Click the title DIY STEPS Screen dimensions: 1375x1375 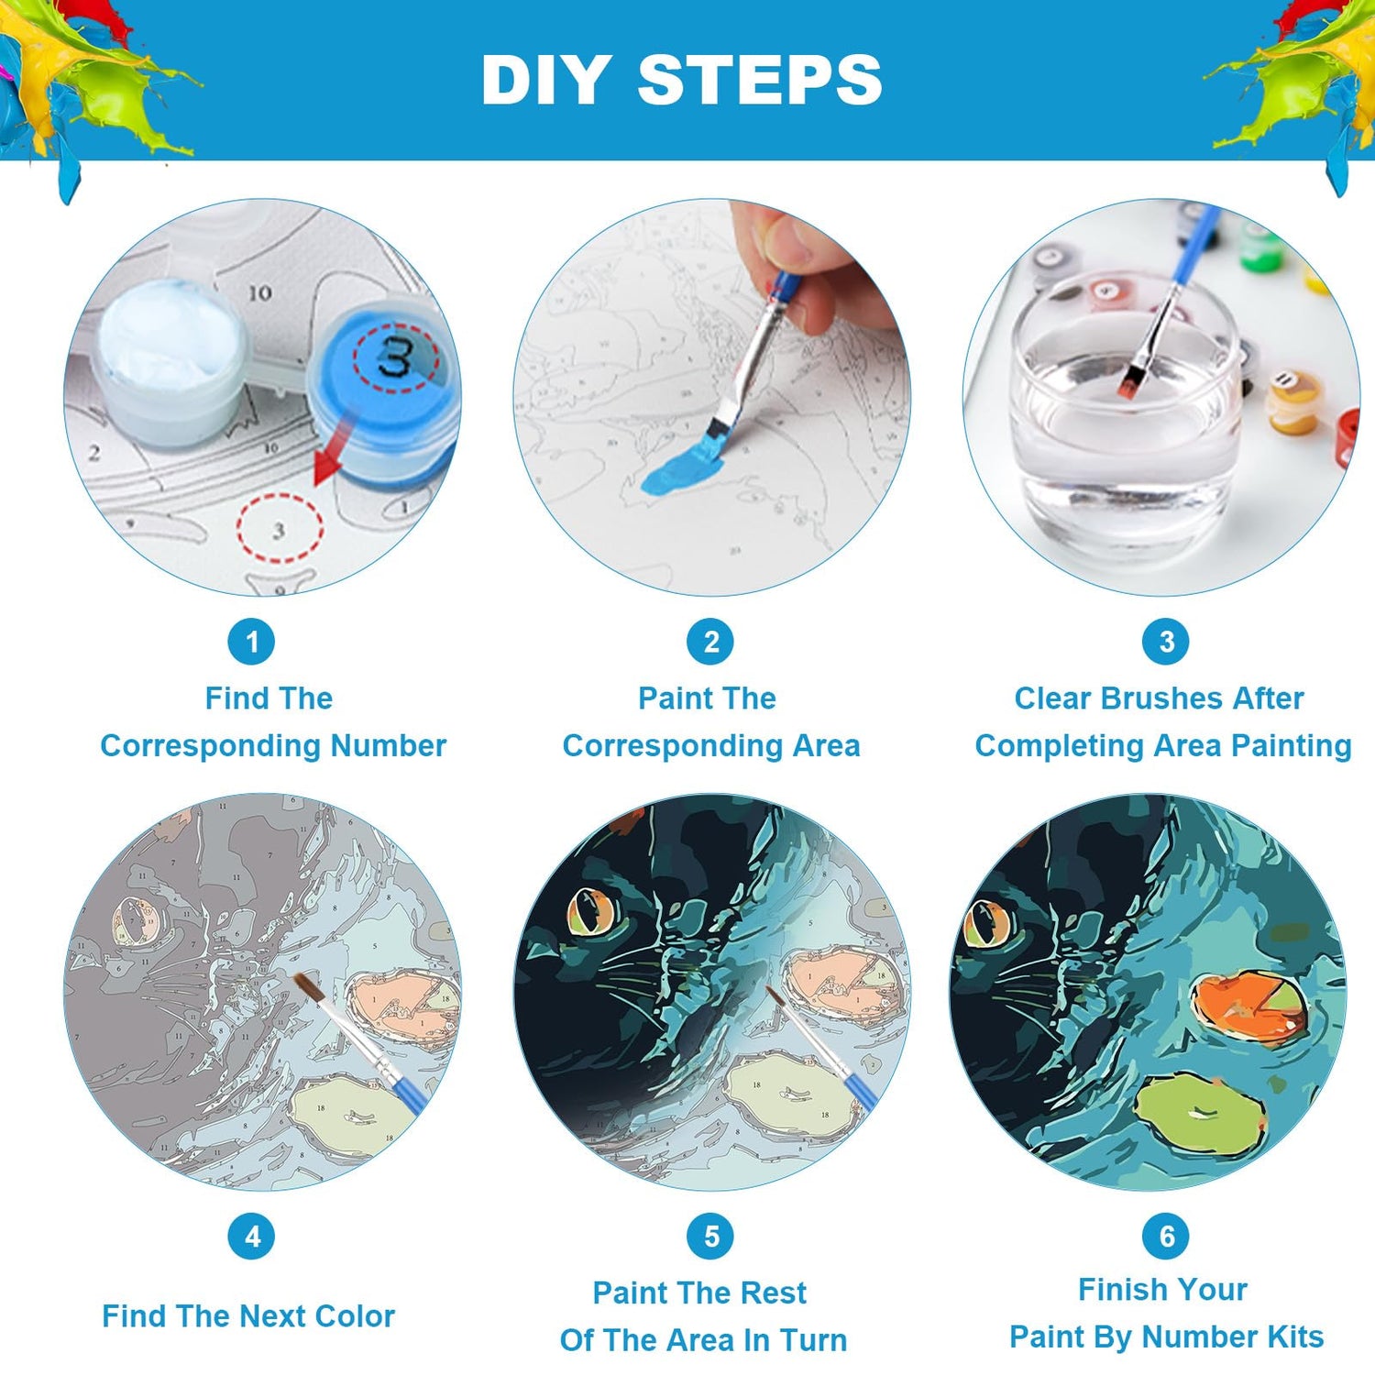682,80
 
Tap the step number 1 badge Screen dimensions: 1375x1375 252,642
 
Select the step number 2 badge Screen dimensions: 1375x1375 710,642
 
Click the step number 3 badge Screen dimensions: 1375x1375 1166,642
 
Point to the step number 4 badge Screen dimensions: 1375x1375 252,1237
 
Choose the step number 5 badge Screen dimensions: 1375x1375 710,1237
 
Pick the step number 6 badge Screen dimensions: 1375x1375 1166,1237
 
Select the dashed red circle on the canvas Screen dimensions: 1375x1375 280,528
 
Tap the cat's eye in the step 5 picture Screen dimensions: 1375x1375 592,912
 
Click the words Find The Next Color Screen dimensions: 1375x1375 248,1316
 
